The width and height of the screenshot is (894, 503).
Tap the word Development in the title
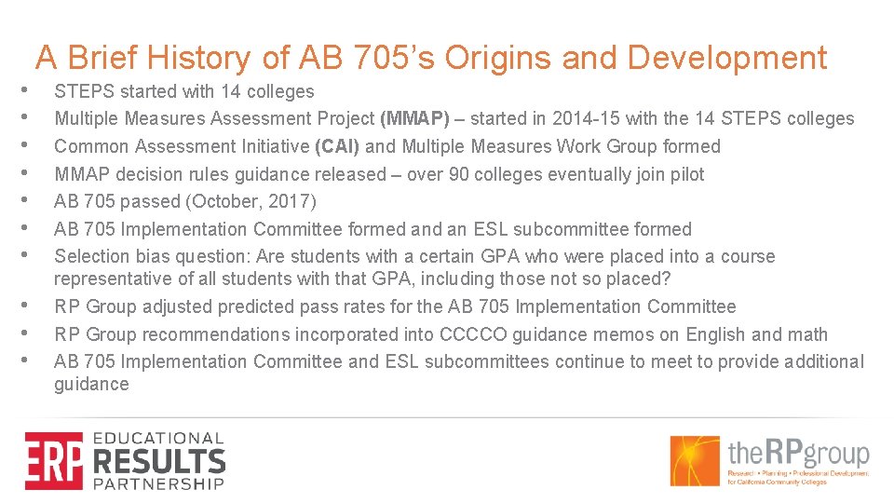click(726, 58)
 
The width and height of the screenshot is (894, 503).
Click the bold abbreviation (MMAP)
click(414, 118)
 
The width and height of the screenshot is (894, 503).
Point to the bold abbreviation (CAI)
click(340, 146)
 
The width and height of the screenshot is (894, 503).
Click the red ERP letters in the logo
click(53, 460)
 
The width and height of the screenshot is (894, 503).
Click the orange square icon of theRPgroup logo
click(695, 460)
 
